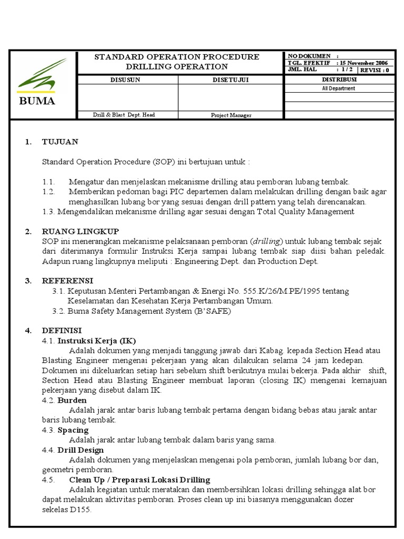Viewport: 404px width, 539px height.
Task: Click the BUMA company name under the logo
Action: (37, 102)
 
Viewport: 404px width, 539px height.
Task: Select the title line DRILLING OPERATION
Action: (177, 67)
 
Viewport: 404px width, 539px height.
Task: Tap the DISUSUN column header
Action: (125, 79)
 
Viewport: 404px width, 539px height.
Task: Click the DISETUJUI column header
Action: (230, 79)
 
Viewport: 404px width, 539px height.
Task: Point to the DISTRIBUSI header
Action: (339, 79)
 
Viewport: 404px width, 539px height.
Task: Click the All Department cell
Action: (339, 88)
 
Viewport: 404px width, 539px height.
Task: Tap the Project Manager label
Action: (231, 115)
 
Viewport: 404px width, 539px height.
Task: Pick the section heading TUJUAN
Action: (60, 142)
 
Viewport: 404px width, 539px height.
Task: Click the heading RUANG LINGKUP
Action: (80, 232)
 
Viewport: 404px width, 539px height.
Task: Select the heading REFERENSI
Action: (67, 281)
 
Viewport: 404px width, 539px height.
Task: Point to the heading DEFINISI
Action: (62, 331)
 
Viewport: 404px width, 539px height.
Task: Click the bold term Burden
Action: (72, 400)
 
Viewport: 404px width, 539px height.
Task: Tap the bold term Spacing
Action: (73, 430)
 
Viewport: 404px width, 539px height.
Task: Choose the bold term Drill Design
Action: (80, 450)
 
